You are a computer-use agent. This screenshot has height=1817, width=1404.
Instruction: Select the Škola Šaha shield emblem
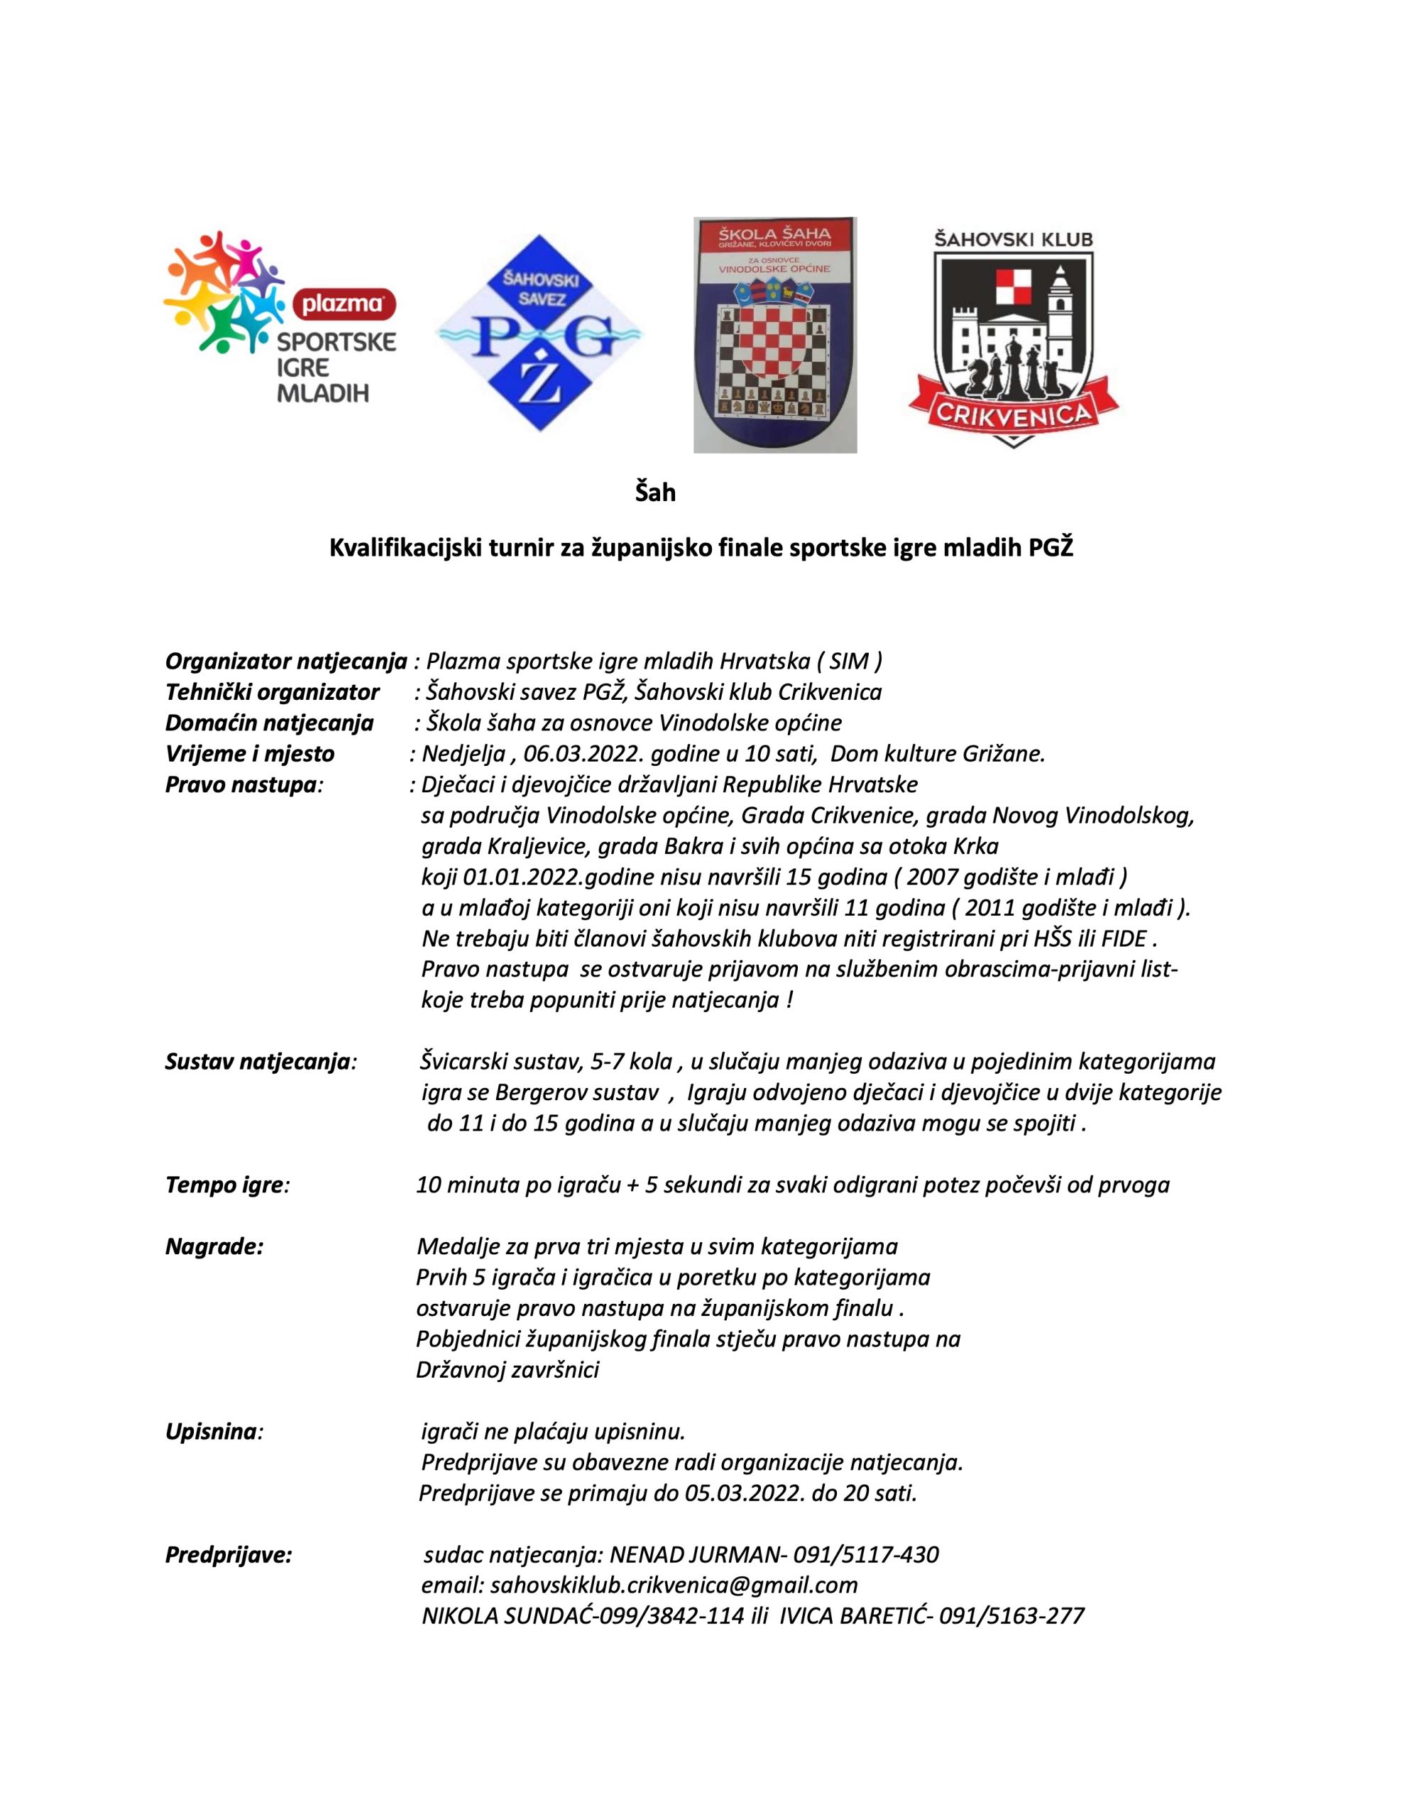(x=775, y=335)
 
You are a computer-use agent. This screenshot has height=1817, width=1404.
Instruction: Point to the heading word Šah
(x=655, y=493)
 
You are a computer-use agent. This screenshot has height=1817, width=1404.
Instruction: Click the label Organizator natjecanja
(x=286, y=662)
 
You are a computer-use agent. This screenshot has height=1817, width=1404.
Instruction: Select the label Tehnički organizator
(x=272, y=692)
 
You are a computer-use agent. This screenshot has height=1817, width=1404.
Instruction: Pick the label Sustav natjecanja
(x=260, y=1063)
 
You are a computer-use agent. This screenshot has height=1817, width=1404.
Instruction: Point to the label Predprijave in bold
(x=229, y=1555)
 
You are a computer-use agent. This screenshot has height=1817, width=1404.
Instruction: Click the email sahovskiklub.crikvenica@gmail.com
(x=674, y=1586)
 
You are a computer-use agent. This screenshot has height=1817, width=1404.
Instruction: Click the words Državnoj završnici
(x=507, y=1371)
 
